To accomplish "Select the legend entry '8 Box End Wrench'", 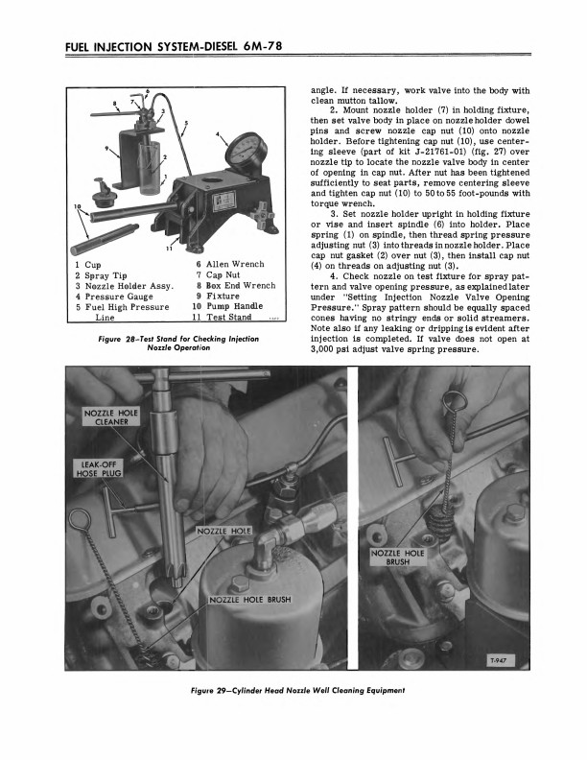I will [235, 286].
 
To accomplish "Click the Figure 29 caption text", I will [294, 690].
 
